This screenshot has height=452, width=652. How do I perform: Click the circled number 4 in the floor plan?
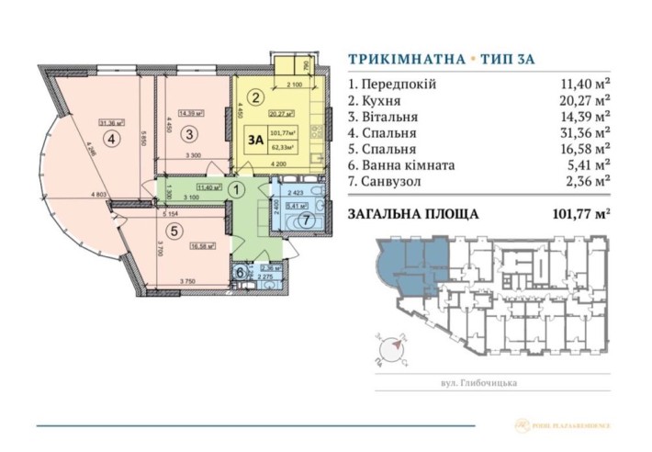111,141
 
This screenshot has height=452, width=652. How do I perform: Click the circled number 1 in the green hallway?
235,191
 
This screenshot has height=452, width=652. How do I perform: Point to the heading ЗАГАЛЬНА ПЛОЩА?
414,215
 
